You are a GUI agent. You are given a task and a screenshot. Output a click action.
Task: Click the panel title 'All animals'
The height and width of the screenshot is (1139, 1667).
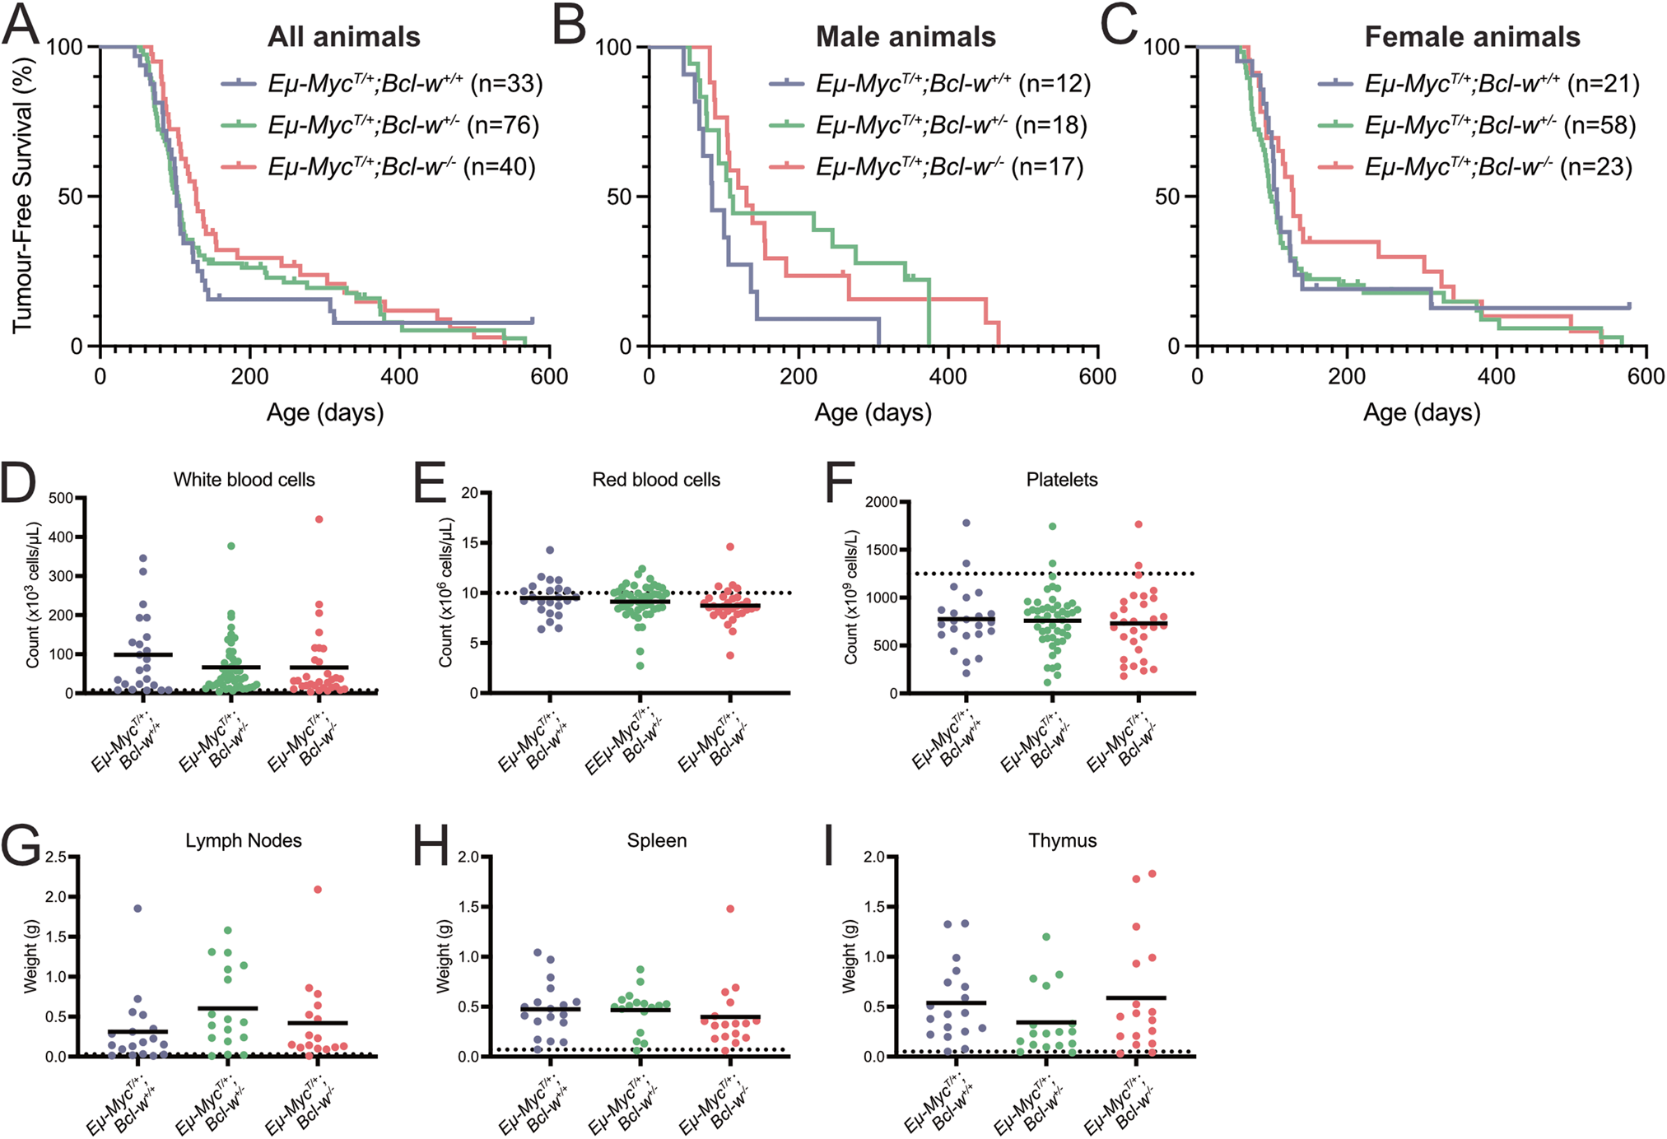pos(344,37)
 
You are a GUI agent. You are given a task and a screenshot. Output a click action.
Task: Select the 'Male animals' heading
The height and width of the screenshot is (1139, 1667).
pos(906,37)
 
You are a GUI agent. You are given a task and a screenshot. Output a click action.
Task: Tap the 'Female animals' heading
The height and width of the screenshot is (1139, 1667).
pos(1472,37)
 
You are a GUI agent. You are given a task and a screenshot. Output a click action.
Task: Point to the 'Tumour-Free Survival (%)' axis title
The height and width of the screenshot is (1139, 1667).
pos(23,196)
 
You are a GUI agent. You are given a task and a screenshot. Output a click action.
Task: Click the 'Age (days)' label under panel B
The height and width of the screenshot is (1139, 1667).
pos(873,412)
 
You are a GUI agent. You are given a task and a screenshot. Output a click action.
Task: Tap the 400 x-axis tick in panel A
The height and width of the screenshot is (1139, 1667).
pos(399,376)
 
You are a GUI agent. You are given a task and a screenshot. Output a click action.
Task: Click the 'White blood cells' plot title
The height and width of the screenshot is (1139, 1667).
pos(244,480)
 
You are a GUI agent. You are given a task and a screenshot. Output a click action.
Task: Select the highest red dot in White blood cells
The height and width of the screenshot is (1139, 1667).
pos(319,519)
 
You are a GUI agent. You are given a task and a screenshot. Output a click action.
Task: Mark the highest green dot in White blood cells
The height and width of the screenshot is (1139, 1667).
pos(231,546)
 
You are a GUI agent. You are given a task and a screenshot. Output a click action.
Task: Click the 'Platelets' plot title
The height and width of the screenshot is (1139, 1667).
pos(1062,480)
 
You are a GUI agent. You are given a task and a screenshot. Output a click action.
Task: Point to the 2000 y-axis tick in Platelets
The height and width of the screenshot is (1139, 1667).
pos(882,502)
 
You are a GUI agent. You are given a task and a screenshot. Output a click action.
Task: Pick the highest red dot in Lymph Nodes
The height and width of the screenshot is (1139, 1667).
pos(318,890)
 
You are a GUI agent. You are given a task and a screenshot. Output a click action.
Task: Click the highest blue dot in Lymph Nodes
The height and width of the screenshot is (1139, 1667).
pos(137,909)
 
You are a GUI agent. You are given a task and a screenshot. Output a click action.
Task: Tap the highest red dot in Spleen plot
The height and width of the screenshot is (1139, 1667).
pos(730,909)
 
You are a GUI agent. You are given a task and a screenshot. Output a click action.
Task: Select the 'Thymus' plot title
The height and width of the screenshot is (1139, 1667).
pos(1062,840)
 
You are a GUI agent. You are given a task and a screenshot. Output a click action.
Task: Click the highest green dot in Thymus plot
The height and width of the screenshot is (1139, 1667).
pos(1046,937)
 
